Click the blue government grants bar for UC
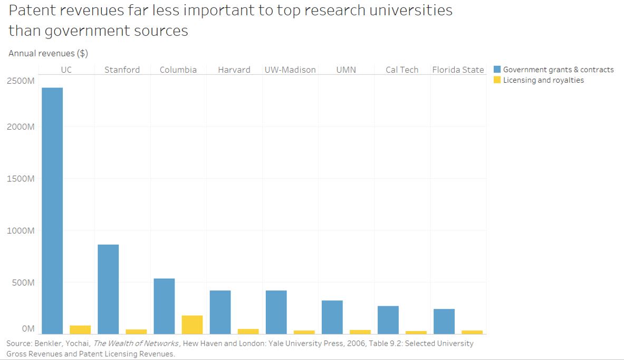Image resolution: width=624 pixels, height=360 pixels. click(x=52, y=211)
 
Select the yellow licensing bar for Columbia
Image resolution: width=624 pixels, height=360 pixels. click(x=192, y=325)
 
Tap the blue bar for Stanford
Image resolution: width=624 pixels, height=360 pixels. click(x=108, y=289)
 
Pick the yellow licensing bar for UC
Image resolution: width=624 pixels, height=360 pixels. click(x=80, y=329)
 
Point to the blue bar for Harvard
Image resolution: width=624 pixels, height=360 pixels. click(x=220, y=312)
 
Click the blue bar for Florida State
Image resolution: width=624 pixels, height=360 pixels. click(x=444, y=321)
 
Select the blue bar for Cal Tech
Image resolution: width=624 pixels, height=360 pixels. click(x=388, y=319)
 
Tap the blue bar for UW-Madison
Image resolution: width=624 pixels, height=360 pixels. click(x=276, y=312)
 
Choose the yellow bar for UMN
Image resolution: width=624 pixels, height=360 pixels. click(x=360, y=332)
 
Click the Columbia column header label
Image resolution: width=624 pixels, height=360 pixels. click(x=178, y=70)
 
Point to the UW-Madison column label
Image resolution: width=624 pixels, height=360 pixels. click(x=290, y=70)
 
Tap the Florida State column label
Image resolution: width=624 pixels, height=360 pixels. click(x=458, y=70)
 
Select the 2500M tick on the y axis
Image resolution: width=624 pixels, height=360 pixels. click(x=21, y=81)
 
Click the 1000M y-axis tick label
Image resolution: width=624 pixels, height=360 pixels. click(x=21, y=231)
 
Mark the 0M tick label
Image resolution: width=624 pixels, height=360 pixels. click(x=28, y=329)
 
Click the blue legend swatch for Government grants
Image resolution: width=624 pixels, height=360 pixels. click(x=497, y=70)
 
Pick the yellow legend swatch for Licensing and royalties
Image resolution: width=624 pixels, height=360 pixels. click(x=497, y=80)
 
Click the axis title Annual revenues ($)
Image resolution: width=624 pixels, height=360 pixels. click(x=48, y=53)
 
